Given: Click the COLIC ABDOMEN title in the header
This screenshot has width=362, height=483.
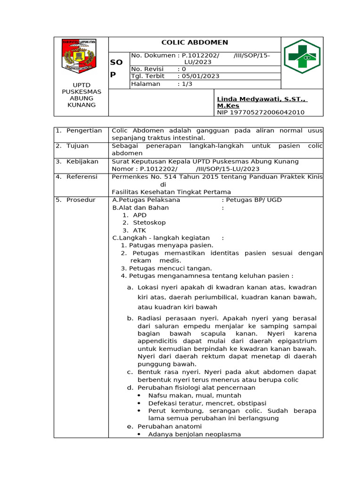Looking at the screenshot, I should pos(194,42).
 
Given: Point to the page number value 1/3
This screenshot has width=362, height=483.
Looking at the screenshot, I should pos(187,84).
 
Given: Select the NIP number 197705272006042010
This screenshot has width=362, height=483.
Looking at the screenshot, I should pos(261,112).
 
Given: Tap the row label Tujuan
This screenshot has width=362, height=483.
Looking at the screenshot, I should pos(78,146).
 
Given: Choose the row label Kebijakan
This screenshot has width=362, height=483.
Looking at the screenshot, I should pos(82,162).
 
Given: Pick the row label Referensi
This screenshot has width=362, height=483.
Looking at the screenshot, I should pos(82,177).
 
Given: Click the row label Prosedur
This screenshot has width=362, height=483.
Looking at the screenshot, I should pos(81,200).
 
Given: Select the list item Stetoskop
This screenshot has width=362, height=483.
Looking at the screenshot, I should pos(149,223).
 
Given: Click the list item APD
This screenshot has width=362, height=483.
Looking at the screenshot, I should pos(140,215).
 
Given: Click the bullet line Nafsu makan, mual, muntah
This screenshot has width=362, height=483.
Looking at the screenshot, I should pos(194,395).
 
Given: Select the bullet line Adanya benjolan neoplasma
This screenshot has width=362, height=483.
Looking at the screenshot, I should pos(194,434).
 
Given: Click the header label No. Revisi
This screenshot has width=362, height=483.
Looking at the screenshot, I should pos(147,69).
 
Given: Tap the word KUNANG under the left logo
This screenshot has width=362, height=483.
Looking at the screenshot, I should pos(82,105).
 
